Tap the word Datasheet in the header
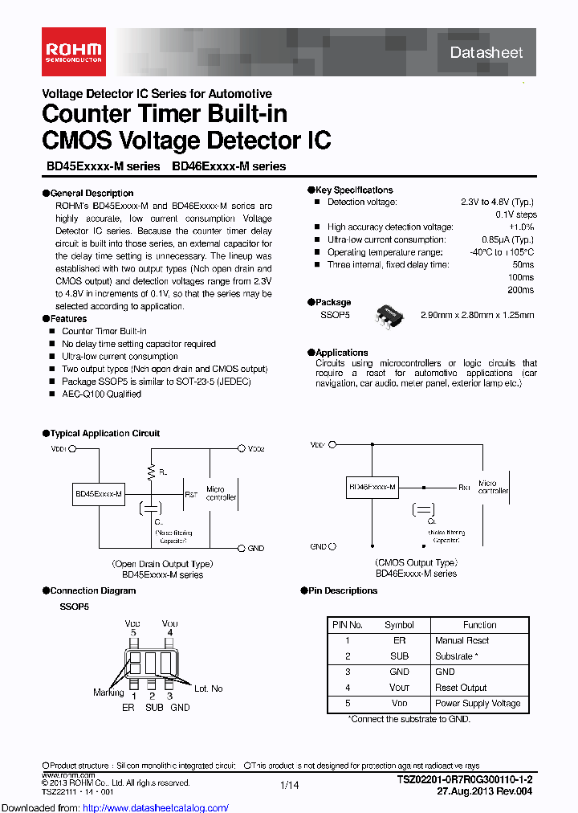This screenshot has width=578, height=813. pyautogui.click(x=486, y=53)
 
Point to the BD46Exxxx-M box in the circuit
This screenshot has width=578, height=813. pyautogui.click(x=372, y=488)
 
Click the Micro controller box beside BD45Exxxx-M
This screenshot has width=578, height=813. pyautogui.click(x=222, y=492)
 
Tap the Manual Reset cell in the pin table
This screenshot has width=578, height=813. pyautogui.click(x=462, y=640)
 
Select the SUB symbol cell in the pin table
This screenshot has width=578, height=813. pyautogui.click(x=399, y=656)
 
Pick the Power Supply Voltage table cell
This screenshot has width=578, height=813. pyautogui.click(x=478, y=703)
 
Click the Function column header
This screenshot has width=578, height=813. pyautogui.click(x=480, y=624)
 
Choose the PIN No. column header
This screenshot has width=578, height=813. pyautogui.click(x=347, y=624)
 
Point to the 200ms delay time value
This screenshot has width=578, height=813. pyautogui.click(x=521, y=290)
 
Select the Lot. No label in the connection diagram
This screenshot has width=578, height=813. pyautogui.click(x=207, y=688)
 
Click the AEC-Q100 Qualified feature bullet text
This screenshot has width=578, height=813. pyautogui.click(x=101, y=394)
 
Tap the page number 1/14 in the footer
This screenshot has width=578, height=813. pyautogui.click(x=289, y=784)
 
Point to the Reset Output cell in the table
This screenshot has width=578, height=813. pyautogui.click(x=461, y=688)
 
